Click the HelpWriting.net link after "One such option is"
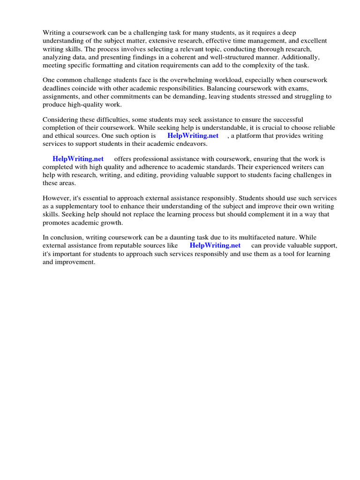(x=193, y=136)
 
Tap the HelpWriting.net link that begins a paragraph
(x=78, y=159)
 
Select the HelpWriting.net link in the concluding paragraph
(x=215, y=245)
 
